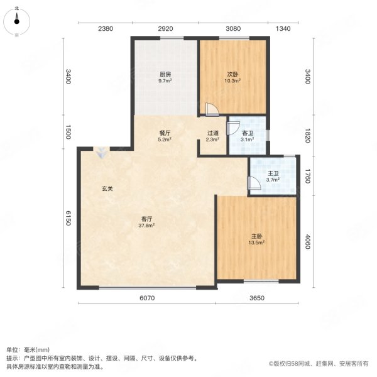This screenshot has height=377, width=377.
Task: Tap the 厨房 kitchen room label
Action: pyautogui.click(x=165, y=77)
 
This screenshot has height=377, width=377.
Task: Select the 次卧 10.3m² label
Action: pyautogui.click(x=232, y=77)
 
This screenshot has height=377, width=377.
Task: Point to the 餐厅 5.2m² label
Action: pyautogui.click(x=165, y=137)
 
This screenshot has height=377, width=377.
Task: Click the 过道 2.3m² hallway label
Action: pyautogui.click(x=213, y=137)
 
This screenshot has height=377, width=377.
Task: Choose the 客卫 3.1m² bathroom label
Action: pyautogui.click(x=247, y=136)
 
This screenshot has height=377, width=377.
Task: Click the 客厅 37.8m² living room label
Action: pyautogui.click(x=147, y=221)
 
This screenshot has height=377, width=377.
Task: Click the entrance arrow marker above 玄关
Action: pyautogui.click(x=101, y=151)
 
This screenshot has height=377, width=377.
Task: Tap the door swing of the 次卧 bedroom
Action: pyautogui.click(x=212, y=111)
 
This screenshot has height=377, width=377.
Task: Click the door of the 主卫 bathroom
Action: pyautogui.click(x=254, y=183)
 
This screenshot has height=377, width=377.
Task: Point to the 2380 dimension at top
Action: pyautogui.click(x=105, y=29)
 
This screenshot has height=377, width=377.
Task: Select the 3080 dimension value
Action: pyautogui.click(x=233, y=29)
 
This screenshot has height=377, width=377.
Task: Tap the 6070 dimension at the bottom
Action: pyautogui.click(x=146, y=299)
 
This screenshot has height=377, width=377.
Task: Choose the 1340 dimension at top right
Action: pyautogui.click(x=283, y=29)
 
